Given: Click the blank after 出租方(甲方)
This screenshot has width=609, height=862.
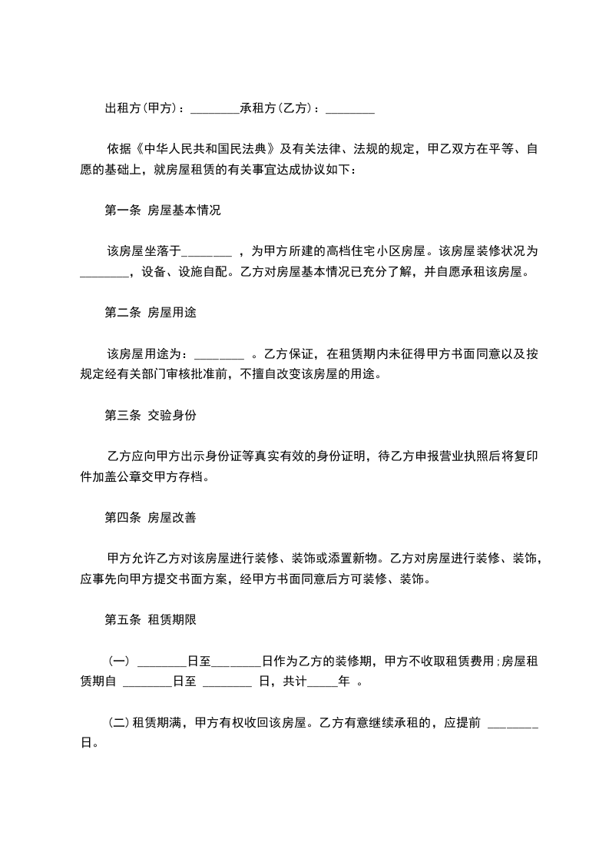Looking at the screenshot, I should [214, 109].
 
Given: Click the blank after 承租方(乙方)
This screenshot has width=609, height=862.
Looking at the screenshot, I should [350, 109].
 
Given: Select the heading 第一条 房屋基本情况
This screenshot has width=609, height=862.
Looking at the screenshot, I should [162, 209].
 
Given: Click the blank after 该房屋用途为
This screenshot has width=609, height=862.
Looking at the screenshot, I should [220, 354].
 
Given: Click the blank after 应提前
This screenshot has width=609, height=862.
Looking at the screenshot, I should [513, 723].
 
